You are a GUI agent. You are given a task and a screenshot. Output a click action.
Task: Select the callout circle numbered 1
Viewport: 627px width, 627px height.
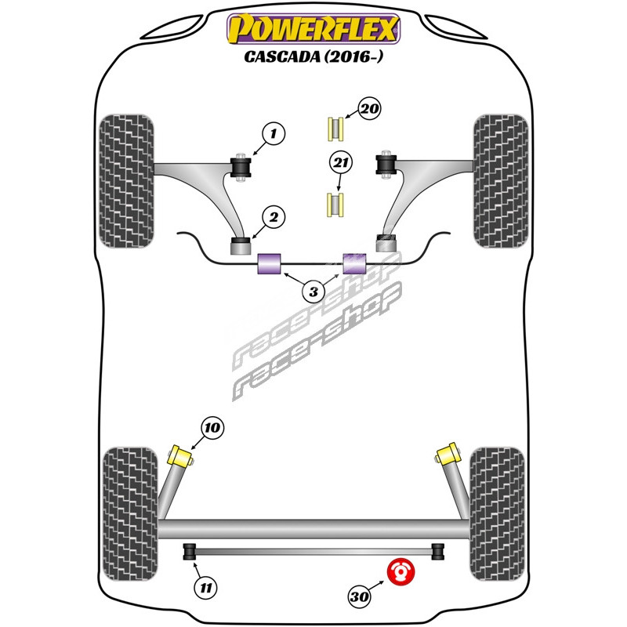pos(274,136)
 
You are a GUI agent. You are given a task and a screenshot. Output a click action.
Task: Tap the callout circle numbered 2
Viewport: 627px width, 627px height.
pos(274,217)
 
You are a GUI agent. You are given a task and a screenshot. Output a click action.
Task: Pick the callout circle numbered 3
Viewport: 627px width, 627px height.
pos(313,292)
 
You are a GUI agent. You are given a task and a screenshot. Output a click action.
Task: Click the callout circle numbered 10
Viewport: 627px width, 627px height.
pos(212,428)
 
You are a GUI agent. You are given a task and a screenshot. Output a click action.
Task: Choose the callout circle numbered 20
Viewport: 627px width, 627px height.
pos(369,110)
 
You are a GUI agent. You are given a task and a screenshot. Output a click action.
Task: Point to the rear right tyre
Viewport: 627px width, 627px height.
pos(497,513)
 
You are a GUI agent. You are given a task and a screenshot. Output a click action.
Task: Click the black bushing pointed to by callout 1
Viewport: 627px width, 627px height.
pos(241,166)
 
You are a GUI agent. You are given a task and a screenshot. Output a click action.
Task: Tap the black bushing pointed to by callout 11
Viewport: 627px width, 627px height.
pos(189,552)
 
